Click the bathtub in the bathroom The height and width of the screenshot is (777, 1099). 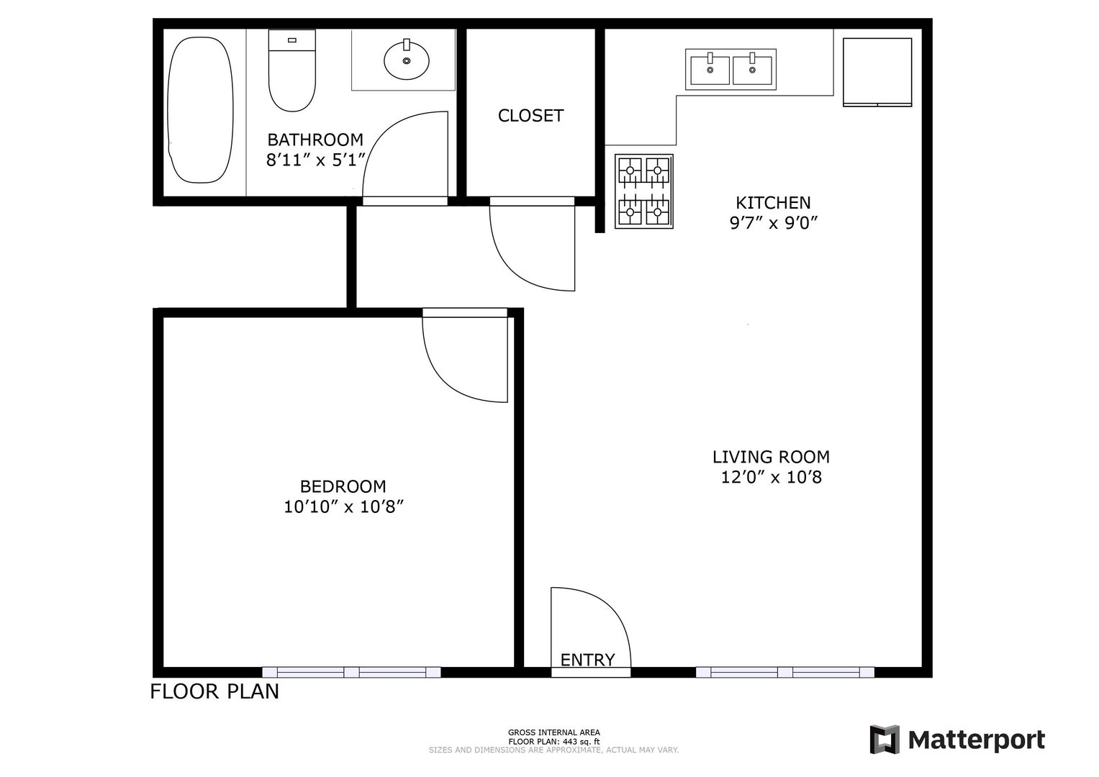[x=200, y=110]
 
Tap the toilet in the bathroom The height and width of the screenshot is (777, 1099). [x=292, y=71]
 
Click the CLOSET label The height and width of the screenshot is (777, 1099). [x=530, y=116]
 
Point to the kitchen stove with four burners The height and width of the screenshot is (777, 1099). [x=643, y=191]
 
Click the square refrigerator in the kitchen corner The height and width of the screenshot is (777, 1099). [x=877, y=72]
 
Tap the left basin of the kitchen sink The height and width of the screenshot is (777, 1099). [x=710, y=71]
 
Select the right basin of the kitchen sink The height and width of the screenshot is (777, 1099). [x=752, y=71]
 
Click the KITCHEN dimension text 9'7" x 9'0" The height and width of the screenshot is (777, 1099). [x=774, y=223]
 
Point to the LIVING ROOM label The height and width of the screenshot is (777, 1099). [x=771, y=457]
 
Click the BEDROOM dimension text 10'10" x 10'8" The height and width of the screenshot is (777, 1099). [x=343, y=506]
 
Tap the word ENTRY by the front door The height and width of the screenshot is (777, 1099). [x=587, y=660]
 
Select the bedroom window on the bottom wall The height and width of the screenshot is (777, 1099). [x=351, y=672]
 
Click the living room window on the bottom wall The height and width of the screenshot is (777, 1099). [x=785, y=672]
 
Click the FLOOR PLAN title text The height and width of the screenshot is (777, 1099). [x=214, y=691]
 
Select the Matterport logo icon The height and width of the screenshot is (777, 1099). [x=885, y=740]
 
